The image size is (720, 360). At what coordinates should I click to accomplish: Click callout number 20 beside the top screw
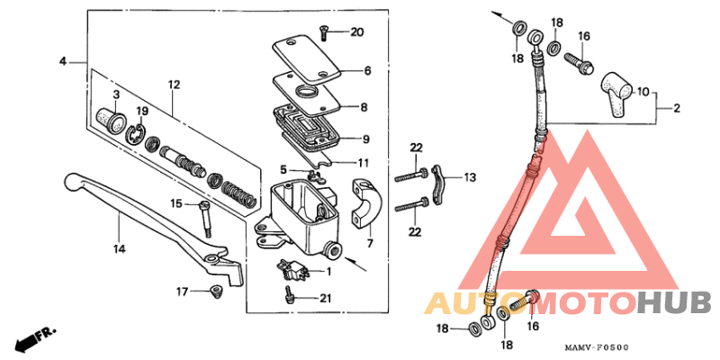(357, 32)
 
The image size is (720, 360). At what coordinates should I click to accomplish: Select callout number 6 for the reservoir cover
(367, 70)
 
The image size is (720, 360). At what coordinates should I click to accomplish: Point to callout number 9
(365, 139)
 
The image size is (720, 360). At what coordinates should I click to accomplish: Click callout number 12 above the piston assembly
(174, 85)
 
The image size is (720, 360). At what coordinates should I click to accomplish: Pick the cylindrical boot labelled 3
(111, 117)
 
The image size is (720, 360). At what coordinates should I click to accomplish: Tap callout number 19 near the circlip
(141, 111)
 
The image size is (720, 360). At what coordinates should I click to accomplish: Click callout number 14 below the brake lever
(119, 247)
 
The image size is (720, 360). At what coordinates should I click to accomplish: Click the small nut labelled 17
(215, 290)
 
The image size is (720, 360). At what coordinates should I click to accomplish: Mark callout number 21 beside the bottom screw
(326, 299)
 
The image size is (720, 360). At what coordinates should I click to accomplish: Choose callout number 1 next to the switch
(328, 272)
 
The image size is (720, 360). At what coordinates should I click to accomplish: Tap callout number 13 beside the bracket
(470, 178)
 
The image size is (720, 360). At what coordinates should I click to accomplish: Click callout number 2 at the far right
(675, 109)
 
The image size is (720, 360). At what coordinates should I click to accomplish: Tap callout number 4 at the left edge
(63, 61)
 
